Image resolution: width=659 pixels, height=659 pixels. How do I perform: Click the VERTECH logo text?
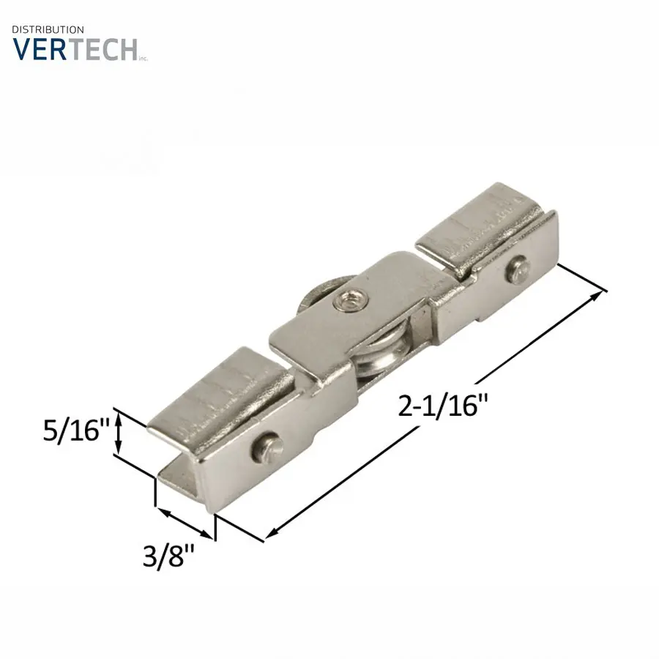pos(75,49)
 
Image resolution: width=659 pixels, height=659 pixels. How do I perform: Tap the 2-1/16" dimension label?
pos(443,405)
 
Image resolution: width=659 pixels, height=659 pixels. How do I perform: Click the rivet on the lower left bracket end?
pos(266,447)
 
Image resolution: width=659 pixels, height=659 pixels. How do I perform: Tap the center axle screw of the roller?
pos(348,300)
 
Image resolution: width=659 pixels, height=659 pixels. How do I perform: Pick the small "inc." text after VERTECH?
pos(144,58)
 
